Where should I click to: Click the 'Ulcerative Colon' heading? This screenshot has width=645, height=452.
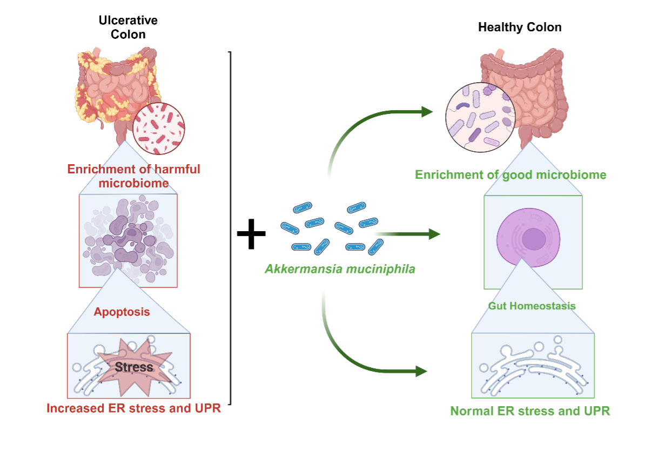coord(128,27)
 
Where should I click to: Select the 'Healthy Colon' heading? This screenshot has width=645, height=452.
coord(520,27)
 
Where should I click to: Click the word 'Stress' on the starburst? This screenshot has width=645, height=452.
coord(134,367)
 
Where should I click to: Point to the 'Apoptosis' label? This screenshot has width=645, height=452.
coord(122,312)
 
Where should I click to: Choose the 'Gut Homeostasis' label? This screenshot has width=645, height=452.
coord(532,306)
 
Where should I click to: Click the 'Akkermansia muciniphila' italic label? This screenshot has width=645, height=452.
coord(340,268)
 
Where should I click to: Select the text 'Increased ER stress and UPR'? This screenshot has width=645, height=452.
coord(133,408)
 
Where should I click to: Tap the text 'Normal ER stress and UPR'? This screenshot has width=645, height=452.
coord(530,411)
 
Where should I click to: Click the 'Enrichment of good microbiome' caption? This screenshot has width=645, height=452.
coord(510,175)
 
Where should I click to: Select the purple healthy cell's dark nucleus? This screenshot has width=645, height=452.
coord(533,239)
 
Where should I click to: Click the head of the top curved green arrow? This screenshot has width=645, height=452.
coord(427,111)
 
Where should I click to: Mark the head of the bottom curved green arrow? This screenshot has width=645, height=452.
coord(421,372)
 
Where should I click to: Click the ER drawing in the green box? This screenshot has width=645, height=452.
coord(533,367)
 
